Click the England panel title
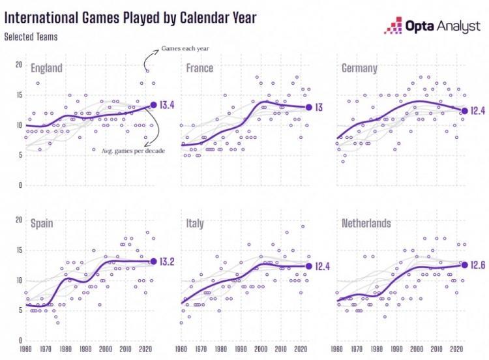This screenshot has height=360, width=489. pyautogui.click(x=46, y=68)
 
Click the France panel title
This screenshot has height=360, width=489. pyautogui.click(x=200, y=68)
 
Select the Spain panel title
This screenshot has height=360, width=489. pyautogui.click(x=41, y=223)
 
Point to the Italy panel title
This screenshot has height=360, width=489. pyautogui.click(x=195, y=223)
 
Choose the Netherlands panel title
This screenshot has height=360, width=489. pyautogui.click(x=366, y=223)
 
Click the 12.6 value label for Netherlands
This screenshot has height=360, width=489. pyautogui.click(x=481, y=264)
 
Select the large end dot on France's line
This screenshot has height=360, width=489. pyautogui.click(x=308, y=107)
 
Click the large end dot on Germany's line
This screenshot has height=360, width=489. pyautogui.click(x=464, y=111)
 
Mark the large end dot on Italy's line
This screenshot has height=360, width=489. pyautogui.click(x=308, y=265)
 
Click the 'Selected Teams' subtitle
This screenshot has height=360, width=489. pyautogui.click(x=31, y=37)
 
